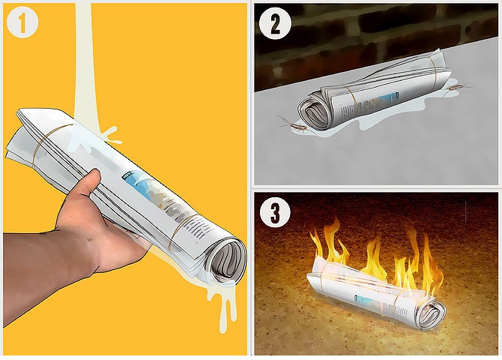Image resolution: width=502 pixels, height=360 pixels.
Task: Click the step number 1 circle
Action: click(22, 22)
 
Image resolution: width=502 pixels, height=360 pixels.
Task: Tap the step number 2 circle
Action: click(275, 24)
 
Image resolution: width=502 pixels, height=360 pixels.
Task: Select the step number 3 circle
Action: click(275, 212)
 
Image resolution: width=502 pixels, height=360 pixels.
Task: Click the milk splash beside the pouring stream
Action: click(110, 136)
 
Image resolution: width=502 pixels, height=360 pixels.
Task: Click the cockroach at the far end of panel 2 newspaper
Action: click(457, 87)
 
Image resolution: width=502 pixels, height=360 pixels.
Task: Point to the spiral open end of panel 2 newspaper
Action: click(315, 110)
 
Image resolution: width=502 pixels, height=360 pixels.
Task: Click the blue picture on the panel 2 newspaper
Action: click(388, 96)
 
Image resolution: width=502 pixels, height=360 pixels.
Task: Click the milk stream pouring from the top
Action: click(84, 64)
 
